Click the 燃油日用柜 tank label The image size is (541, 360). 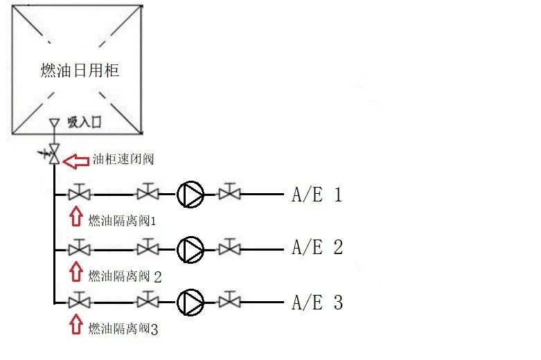[80, 71]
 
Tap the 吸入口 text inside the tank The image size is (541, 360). [85, 123]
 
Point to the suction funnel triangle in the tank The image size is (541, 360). [54, 123]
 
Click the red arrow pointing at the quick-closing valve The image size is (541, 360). [76, 161]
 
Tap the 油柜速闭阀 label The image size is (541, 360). [123, 159]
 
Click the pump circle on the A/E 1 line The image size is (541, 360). [190, 195]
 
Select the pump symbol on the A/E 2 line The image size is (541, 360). [190, 250]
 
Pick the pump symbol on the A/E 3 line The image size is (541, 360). [190, 302]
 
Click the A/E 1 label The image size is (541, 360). [317, 195]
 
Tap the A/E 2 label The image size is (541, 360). [317, 247]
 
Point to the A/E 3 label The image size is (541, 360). [317, 303]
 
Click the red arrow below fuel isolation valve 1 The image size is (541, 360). [76, 217]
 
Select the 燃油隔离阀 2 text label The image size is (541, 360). [125, 276]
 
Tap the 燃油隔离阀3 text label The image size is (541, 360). [123, 329]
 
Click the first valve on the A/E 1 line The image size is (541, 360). [80, 192]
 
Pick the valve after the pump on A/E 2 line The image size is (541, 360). [229, 247]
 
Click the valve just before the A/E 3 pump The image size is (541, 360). [148, 300]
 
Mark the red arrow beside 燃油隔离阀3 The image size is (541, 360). [76, 324]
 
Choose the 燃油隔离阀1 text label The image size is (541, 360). [122, 221]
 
